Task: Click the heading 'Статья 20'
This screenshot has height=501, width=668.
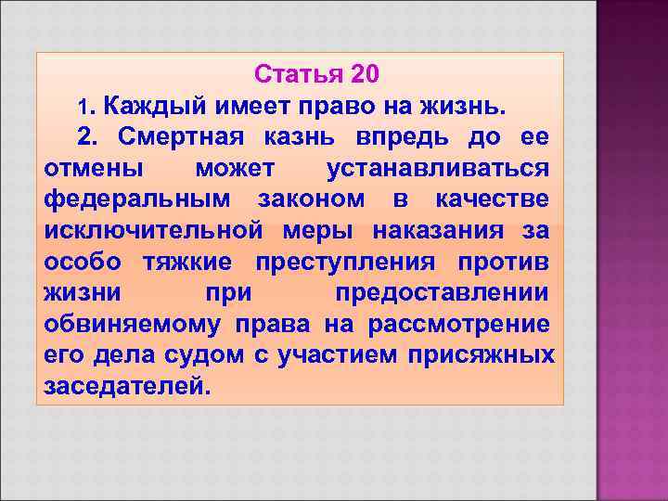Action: coord(315,73)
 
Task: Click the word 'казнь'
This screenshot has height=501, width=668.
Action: coord(298,137)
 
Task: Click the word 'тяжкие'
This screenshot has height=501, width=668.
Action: coord(186,262)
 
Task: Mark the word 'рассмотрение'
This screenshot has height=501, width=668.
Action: coord(459,324)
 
